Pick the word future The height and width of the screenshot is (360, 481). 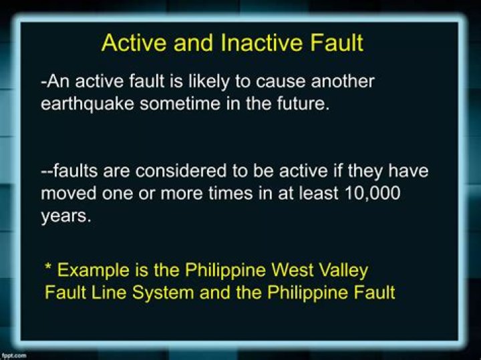302,105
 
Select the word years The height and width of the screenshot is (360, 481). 65,216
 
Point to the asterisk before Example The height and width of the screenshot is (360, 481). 48,268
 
